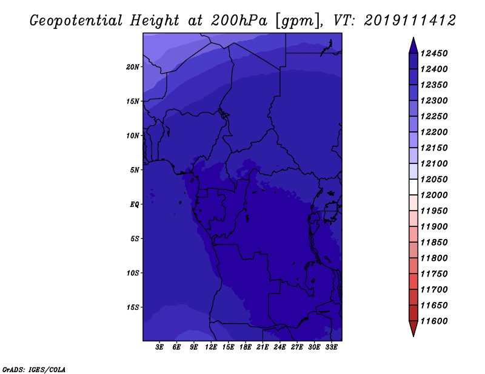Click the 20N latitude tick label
(133, 67)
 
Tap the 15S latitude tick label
(133, 307)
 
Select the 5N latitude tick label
(135, 169)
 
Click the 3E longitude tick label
(160, 347)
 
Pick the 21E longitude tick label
(263, 347)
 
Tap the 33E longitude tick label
(331, 347)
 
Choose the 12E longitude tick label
(211, 347)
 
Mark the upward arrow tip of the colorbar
(413, 40)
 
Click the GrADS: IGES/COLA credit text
(34, 369)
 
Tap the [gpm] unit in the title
(296, 21)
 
